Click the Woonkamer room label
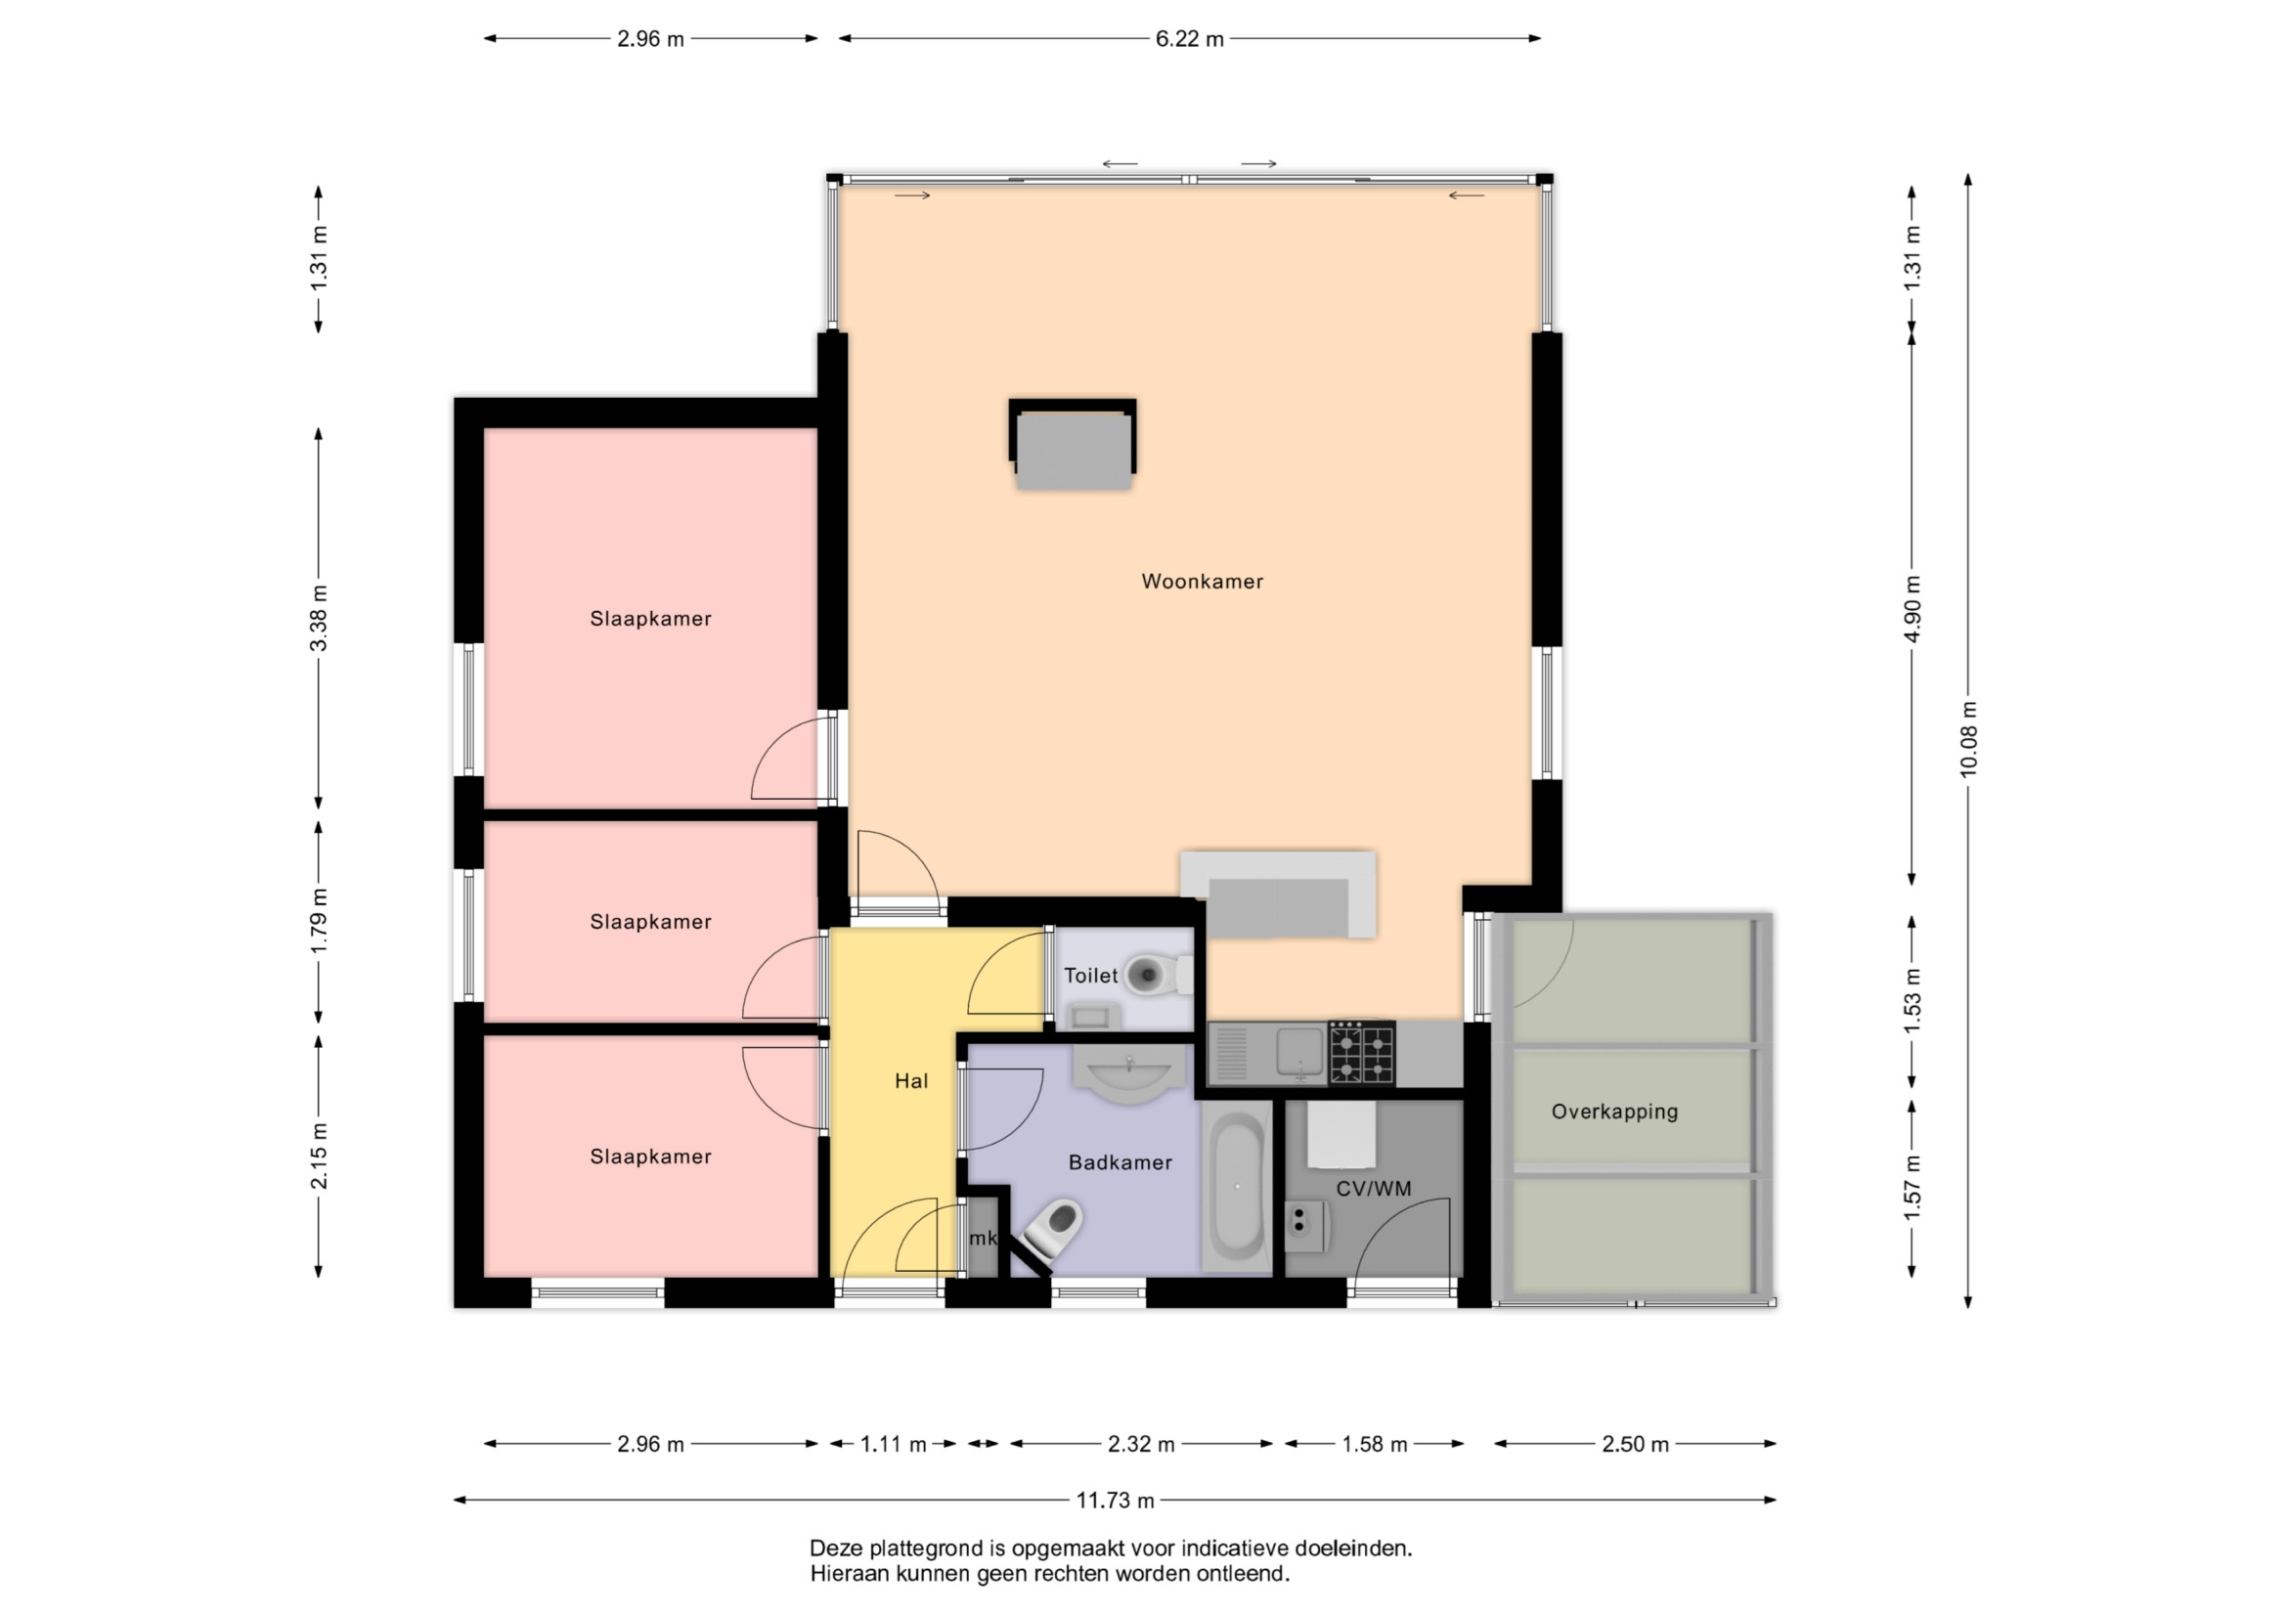1202,582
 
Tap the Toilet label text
1090,976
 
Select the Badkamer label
1121,1162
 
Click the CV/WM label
1374,1188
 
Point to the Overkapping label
1615,1112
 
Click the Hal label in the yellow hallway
911,1081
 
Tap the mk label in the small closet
983,1239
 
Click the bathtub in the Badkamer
1238,1186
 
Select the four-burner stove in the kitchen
1362,1053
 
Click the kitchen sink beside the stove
1300,1054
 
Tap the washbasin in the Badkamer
1129,1075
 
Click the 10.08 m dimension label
1968,739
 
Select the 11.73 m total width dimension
1115,1501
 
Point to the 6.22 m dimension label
1190,40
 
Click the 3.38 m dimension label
319,617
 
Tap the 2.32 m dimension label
1141,1444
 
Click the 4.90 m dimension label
1912,608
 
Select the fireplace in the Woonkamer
1073,444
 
